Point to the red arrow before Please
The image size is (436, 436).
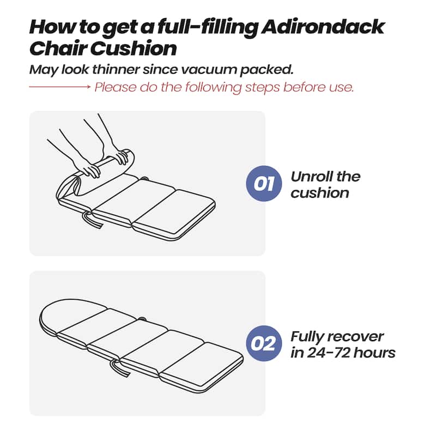point(59,87)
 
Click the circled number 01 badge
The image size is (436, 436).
point(264,184)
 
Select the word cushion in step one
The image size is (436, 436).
point(319,193)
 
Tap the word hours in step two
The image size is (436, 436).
point(374,353)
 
